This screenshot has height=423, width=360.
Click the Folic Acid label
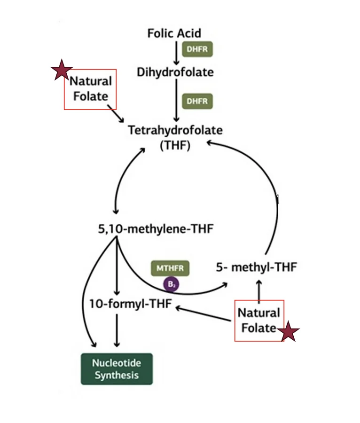(174, 33)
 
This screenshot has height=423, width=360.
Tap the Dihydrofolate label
(175, 72)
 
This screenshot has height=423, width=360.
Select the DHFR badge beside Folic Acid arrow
(197, 49)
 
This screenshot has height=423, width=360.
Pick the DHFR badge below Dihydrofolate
(197, 101)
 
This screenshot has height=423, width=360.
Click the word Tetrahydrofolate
(175, 130)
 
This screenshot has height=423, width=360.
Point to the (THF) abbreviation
(175, 145)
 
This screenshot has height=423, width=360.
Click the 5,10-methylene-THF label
(156, 229)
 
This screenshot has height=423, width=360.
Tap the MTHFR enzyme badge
(170, 268)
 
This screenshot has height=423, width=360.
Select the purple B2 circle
(171, 284)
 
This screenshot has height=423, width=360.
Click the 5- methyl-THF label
(257, 267)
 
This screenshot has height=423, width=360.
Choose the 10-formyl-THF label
(131, 304)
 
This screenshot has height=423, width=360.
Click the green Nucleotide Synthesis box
(117, 369)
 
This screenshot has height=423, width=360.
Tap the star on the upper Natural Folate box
(62, 70)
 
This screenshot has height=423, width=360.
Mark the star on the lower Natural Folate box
(288, 331)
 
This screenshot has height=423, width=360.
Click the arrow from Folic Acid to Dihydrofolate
(176, 53)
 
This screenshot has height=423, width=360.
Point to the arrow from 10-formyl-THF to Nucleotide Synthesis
(117, 330)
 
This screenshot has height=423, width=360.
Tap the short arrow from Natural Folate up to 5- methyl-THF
(259, 290)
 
